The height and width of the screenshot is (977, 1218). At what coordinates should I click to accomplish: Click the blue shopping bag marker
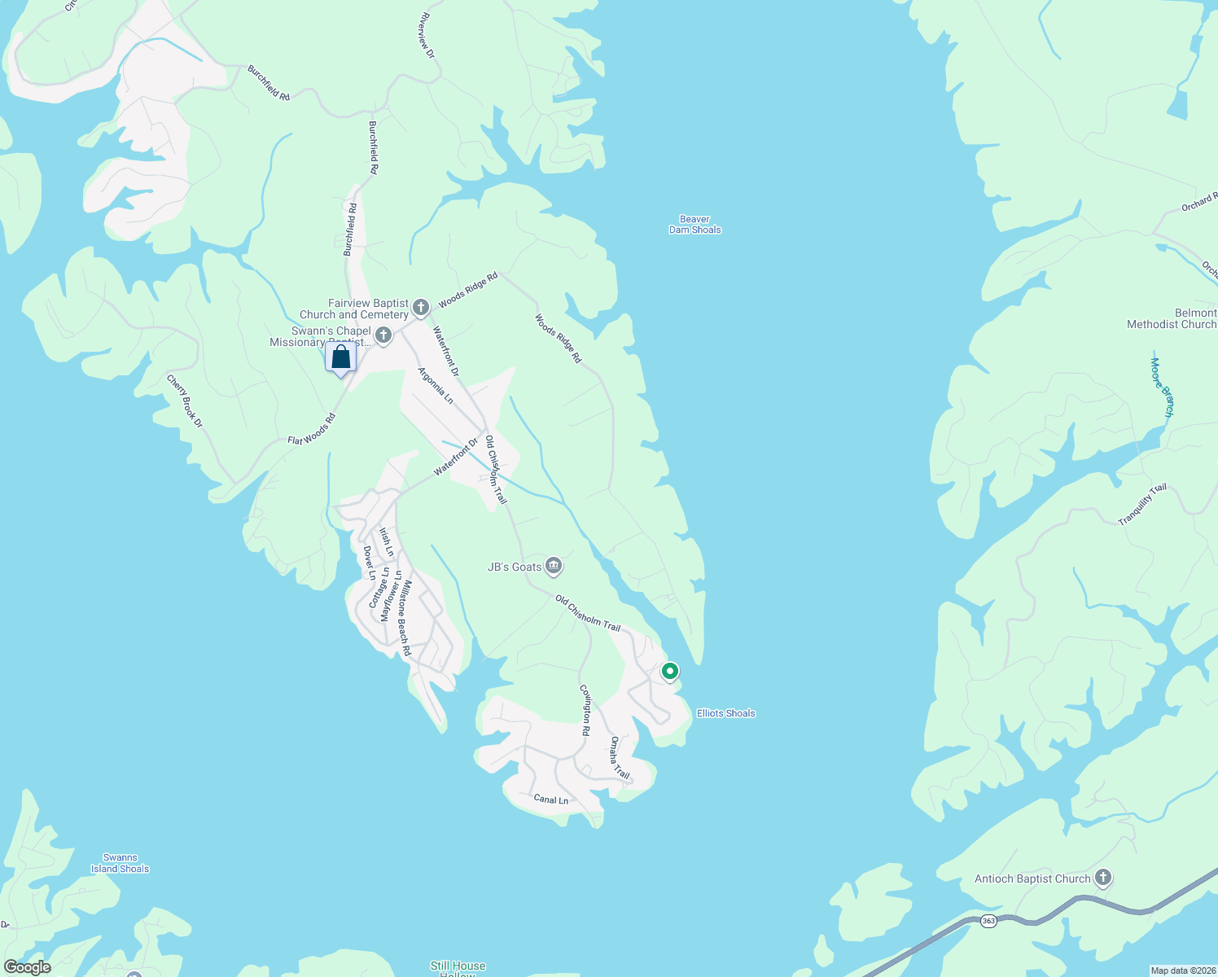pyautogui.click(x=340, y=357)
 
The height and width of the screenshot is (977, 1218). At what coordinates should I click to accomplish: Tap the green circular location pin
pyautogui.click(x=669, y=672)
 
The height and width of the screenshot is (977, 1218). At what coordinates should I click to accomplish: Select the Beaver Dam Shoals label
pyautogui.click(x=694, y=225)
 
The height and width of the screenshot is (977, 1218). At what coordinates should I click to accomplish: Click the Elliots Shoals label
pyautogui.click(x=725, y=713)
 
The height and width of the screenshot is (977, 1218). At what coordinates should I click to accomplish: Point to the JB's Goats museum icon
pyautogui.click(x=554, y=566)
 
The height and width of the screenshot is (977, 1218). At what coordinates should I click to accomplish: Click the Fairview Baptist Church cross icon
pyautogui.click(x=420, y=307)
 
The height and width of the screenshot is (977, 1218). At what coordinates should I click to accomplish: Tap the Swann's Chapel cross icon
pyautogui.click(x=383, y=335)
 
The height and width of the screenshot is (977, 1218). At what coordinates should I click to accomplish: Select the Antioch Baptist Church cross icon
pyautogui.click(x=1103, y=878)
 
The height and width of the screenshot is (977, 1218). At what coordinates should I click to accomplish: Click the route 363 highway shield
pyautogui.click(x=988, y=921)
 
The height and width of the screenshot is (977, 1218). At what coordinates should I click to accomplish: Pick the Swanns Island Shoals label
pyautogui.click(x=120, y=863)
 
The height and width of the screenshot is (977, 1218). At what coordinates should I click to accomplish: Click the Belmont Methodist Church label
pyautogui.click(x=1172, y=318)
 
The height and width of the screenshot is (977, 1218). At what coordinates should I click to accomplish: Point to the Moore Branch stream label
pyautogui.click(x=1162, y=388)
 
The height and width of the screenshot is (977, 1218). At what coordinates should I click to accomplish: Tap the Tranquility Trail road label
pyautogui.click(x=1142, y=505)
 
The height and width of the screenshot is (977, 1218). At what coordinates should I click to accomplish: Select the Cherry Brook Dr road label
pyautogui.click(x=185, y=401)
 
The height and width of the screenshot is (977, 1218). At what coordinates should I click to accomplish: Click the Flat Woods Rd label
pyautogui.click(x=312, y=429)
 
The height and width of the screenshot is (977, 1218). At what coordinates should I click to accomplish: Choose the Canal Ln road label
pyautogui.click(x=550, y=800)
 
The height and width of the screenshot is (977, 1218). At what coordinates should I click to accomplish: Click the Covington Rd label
pyautogui.click(x=585, y=710)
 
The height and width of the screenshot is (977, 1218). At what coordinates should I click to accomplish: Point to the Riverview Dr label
pyautogui.click(x=426, y=35)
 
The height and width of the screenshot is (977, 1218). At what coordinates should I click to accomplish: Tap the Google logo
pyautogui.click(x=27, y=967)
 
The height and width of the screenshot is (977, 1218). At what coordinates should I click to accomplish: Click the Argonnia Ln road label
pyautogui.click(x=436, y=385)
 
